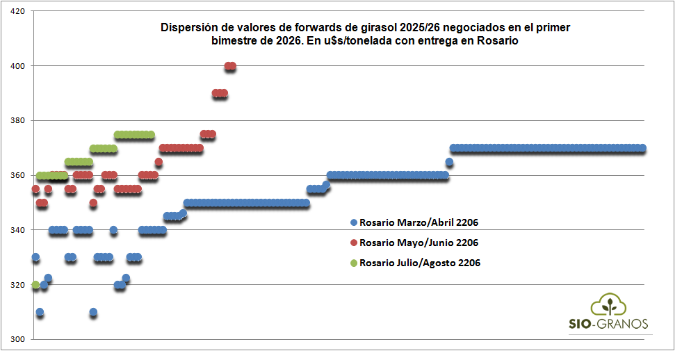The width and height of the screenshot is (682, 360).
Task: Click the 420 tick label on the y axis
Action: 17,11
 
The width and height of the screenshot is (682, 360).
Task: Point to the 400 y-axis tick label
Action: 17,66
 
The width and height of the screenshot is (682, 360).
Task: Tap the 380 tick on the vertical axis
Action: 17,121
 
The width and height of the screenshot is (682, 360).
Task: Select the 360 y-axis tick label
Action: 17,175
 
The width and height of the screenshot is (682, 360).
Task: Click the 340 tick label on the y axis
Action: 17,230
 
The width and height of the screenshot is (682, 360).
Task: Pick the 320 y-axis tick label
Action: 17,285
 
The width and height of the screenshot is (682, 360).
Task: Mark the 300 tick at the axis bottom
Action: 17,339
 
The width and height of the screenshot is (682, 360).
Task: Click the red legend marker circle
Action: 353,243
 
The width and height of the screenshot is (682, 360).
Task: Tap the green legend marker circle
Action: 353,263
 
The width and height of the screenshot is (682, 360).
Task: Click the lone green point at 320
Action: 35,285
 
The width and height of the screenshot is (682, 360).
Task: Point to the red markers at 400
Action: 230,66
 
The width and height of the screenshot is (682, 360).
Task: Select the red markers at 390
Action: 220,93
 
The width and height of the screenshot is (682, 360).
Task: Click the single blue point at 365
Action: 449,162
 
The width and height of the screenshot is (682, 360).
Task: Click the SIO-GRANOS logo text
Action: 609,324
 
